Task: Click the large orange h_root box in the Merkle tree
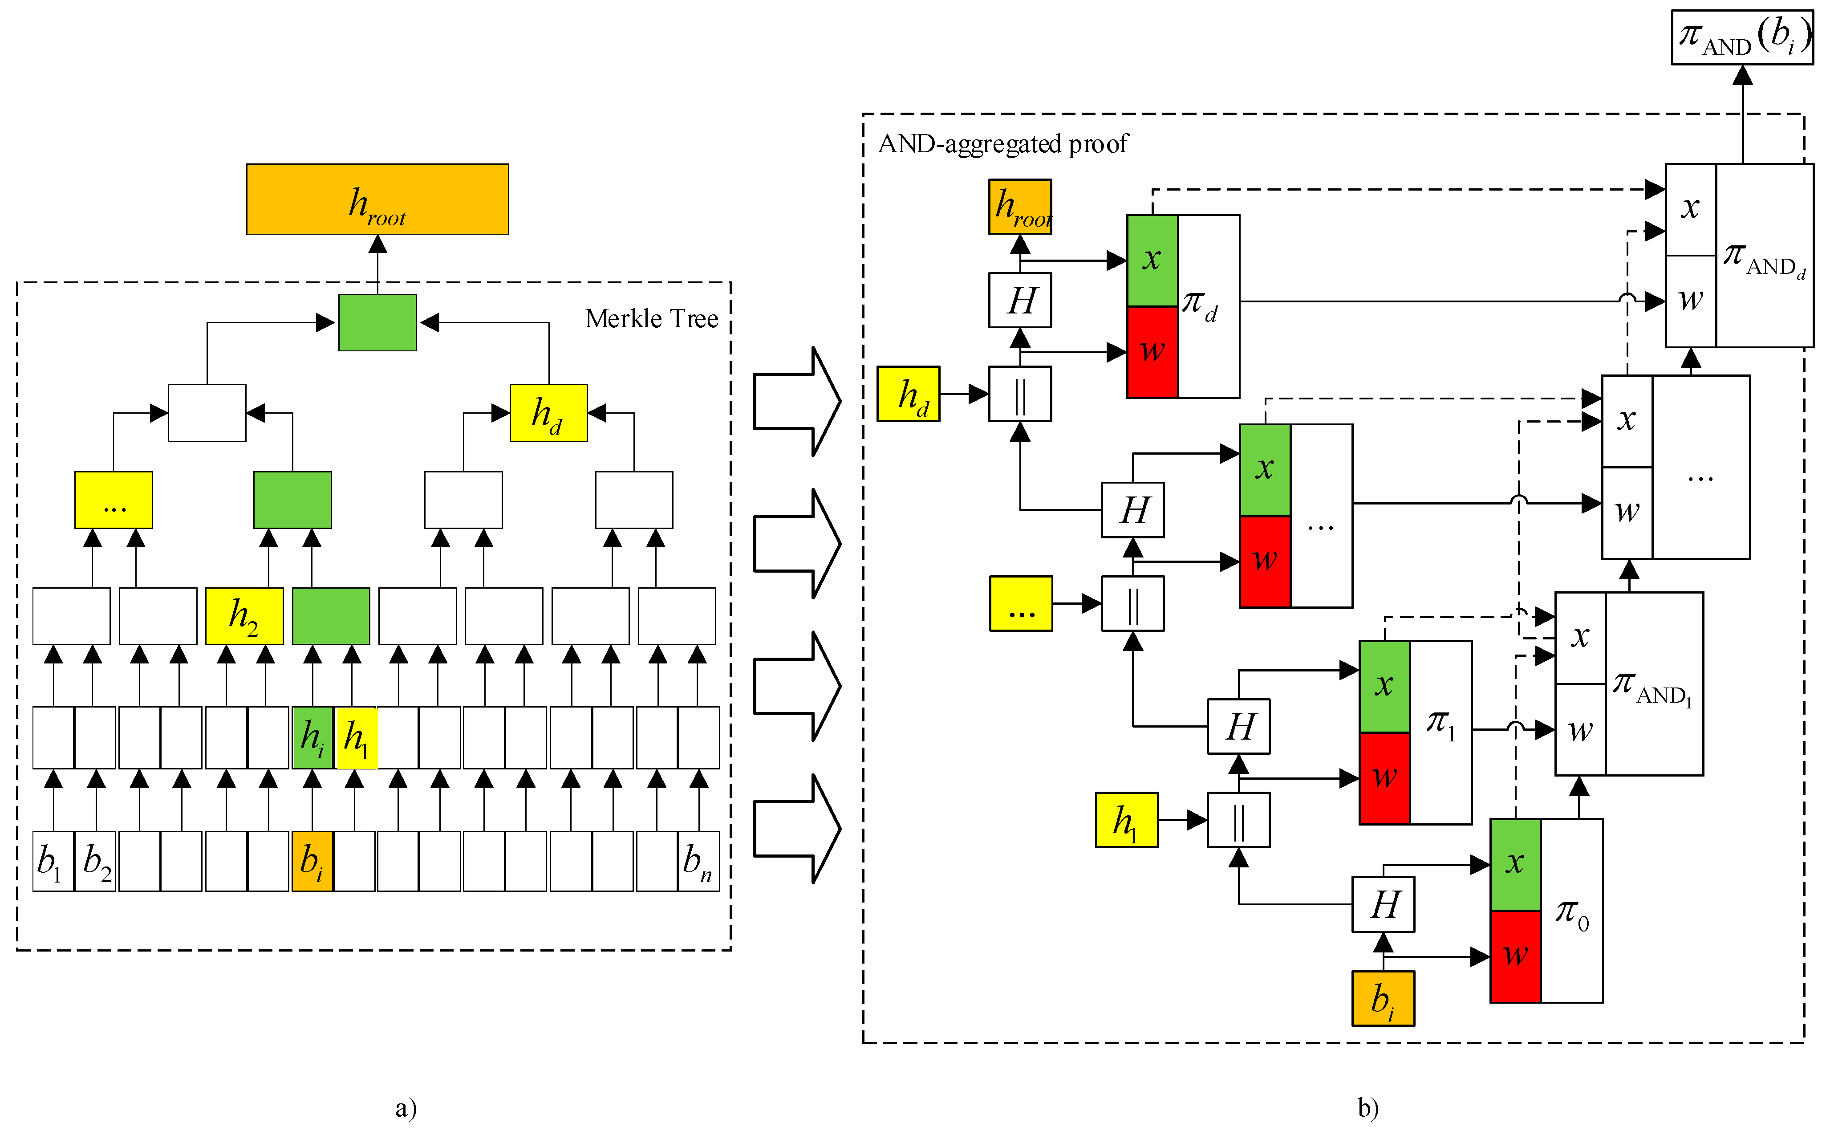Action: point(377,199)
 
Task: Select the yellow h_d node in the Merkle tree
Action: point(548,413)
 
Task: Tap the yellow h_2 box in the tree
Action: point(244,616)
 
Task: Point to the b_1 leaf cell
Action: point(53,861)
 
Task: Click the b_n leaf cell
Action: point(698,861)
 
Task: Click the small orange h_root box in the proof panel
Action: point(1020,207)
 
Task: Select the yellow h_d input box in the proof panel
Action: point(908,394)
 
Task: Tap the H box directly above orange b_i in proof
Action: point(1383,904)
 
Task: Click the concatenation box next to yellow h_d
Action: point(1020,394)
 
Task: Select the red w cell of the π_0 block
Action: point(1515,956)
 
